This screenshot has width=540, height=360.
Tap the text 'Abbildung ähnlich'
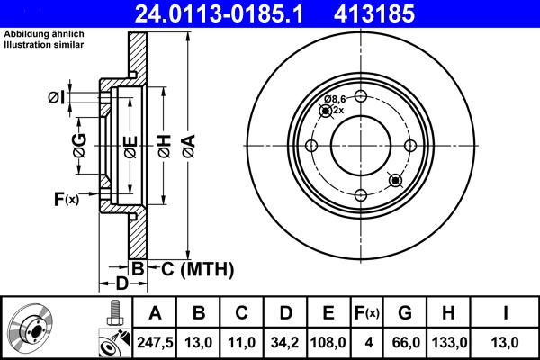(x=43, y=36)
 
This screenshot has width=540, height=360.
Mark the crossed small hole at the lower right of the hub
(x=393, y=181)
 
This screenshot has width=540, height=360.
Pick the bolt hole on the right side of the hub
(x=410, y=147)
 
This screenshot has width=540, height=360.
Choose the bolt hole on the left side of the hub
(x=311, y=147)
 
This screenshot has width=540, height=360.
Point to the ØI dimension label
(x=55, y=97)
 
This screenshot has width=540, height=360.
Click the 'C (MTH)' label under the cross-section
(x=192, y=268)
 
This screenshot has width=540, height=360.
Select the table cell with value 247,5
(x=156, y=342)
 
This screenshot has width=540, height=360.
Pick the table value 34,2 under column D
(x=286, y=342)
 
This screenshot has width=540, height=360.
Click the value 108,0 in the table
(x=329, y=342)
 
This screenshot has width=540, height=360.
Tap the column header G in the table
(x=405, y=313)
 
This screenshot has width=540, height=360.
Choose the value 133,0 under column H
(x=449, y=342)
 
